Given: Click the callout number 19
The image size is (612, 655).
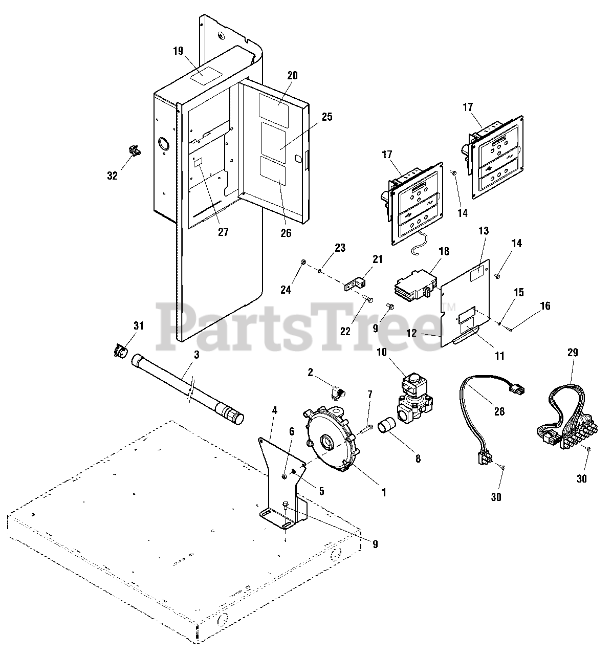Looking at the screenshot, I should (x=178, y=51).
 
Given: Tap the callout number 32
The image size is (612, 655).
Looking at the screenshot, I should (x=112, y=176).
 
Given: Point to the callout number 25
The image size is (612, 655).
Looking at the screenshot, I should (x=327, y=117).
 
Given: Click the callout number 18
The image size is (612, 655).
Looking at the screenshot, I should (x=444, y=251).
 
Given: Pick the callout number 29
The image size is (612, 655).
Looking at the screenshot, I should (x=572, y=352).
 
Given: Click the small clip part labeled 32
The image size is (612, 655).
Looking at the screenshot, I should (x=134, y=151).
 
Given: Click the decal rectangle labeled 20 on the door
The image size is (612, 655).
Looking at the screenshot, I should (x=277, y=106).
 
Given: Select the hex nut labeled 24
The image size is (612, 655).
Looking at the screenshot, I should (x=302, y=263).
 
